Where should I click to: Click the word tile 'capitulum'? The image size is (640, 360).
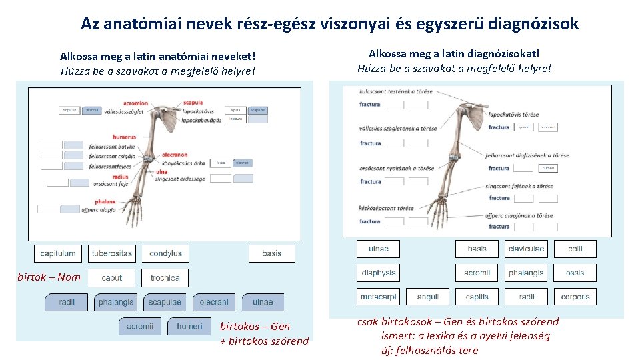click(58, 253)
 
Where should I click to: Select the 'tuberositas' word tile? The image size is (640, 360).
click(112, 253)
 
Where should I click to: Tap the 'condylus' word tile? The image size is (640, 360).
click(165, 253)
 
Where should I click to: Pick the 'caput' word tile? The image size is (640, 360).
click(112, 278)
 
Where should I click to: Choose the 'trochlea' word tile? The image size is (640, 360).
click(165, 278)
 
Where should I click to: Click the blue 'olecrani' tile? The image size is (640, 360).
click(214, 302)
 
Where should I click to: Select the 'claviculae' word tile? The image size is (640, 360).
click(526, 249)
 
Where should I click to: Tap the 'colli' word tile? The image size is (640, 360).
click(575, 249)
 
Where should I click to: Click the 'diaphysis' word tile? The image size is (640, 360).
click(379, 273)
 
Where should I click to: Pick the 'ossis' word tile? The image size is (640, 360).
click(575, 273)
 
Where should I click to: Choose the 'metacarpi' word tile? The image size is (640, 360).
click(379, 297)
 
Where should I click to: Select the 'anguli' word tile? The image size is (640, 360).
click(427, 297)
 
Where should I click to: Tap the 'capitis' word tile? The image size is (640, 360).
click(477, 297)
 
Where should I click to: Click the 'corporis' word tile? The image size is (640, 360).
click(575, 297)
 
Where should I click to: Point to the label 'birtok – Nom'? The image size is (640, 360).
click(49, 277)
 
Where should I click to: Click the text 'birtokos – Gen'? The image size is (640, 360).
click(255, 326)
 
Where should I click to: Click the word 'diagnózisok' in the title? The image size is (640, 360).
click(533, 24)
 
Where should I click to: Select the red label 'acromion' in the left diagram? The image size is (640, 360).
click(135, 103)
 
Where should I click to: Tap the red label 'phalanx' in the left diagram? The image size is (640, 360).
click(105, 201)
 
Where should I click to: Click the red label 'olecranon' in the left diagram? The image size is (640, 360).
click(174, 155)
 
